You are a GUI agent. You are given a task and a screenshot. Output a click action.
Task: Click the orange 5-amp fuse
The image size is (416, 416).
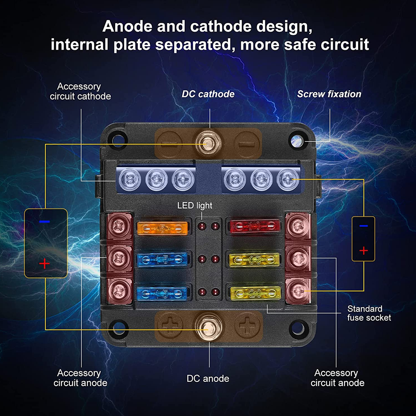(x=161, y=228)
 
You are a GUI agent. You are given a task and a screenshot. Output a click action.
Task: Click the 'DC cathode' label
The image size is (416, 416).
(x=208, y=94)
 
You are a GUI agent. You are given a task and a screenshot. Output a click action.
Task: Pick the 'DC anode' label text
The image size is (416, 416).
(x=208, y=379)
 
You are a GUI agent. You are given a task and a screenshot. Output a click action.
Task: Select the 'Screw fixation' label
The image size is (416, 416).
(x=329, y=94)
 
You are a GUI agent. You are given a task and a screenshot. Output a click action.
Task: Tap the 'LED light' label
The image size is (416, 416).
(x=195, y=206)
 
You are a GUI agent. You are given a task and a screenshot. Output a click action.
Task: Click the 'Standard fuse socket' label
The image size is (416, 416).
(x=369, y=313)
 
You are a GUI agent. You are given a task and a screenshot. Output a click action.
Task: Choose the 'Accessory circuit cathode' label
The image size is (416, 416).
(x=80, y=92)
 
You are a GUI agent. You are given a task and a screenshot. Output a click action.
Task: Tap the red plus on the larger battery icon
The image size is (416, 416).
(x=45, y=264)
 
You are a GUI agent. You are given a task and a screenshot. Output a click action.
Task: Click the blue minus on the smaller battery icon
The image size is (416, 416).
(x=364, y=226)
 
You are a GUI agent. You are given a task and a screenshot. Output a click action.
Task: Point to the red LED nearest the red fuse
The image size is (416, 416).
(x=215, y=227)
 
